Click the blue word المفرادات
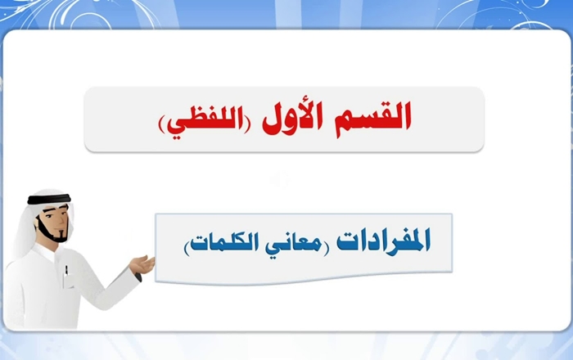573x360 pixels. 383,241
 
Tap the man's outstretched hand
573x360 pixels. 142,265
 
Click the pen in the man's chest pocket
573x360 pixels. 66,271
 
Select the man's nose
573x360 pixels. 65,221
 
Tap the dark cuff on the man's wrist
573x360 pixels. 138,277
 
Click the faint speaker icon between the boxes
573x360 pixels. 279,179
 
